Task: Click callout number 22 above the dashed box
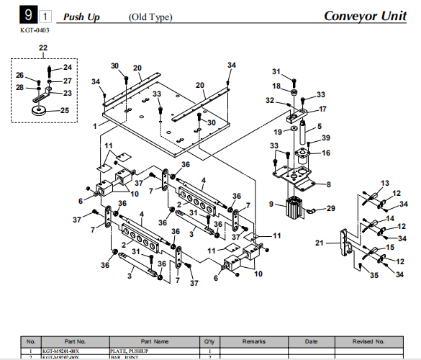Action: click(x=43, y=48)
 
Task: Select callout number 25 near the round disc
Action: click(x=65, y=110)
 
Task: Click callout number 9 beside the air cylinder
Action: click(x=271, y=204)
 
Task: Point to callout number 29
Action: click(x=331, y=208)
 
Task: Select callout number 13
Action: click(x=384, y=183)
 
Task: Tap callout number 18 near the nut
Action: click(x=276, y=86)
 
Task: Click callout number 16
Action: click(x=325, y=153)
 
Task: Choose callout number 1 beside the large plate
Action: click(x=95, y=125)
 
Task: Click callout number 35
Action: click(x=374, y=274)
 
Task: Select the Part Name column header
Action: click(x=155, y=341)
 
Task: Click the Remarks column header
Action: click(x=255, y=341)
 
